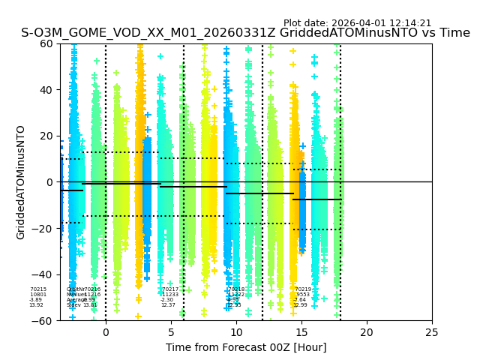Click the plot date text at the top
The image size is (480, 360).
[357, 23]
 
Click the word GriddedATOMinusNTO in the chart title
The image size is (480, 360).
[337, 33]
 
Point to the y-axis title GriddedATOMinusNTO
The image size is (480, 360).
[21, 182]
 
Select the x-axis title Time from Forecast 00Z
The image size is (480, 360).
[246, 347]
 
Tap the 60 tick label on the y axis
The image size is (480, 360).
[46, 43]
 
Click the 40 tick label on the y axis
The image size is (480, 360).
[46, 90]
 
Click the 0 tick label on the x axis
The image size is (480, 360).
[106, 332]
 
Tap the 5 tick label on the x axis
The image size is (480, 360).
[171, 332]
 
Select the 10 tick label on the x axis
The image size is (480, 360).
[236, 332]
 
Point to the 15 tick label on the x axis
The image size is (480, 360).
[301, 332]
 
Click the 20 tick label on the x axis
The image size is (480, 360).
[367, 332]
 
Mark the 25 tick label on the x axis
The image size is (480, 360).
[432, 332]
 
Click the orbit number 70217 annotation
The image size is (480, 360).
[170, 289]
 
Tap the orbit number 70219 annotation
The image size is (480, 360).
[303, 289]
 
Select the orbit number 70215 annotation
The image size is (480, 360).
[38, 289]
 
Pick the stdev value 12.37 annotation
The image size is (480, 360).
[168, 305]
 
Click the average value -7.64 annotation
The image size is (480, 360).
[300, 300]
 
